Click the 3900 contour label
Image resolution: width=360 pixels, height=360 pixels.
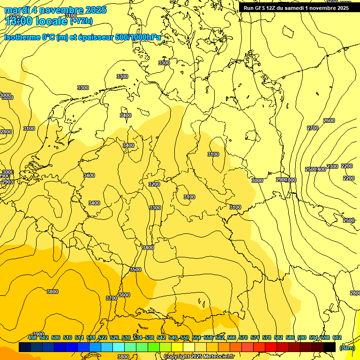[x=38, y=334]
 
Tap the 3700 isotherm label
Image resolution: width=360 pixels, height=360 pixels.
[x=111, y=298]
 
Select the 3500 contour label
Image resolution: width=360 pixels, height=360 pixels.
[x=135, y=270]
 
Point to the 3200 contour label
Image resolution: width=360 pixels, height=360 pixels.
[x=154, y=184]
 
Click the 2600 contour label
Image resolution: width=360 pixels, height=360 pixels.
[x=329, y=120]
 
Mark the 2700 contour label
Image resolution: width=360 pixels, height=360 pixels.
[x=313, y=128]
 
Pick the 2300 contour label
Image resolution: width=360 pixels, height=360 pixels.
[x=332, y=166]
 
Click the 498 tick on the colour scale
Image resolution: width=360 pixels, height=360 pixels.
[x=32, y=338]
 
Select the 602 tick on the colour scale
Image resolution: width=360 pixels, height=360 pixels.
[x=337, y=338]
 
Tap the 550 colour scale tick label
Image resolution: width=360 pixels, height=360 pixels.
[x=185, y=338]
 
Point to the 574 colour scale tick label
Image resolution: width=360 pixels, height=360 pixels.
[x=255, y=338]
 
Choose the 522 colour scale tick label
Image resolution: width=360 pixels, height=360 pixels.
[x=103, y=338]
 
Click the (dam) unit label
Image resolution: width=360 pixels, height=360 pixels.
[x=347, y=348]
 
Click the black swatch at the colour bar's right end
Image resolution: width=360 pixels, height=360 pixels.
[x=330, y=347]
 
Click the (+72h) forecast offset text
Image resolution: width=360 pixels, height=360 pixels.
[x=81, y=21]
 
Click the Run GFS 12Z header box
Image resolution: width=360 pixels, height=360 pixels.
[x=296, y=7]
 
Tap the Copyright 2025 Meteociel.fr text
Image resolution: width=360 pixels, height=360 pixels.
[x=199, y=357]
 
